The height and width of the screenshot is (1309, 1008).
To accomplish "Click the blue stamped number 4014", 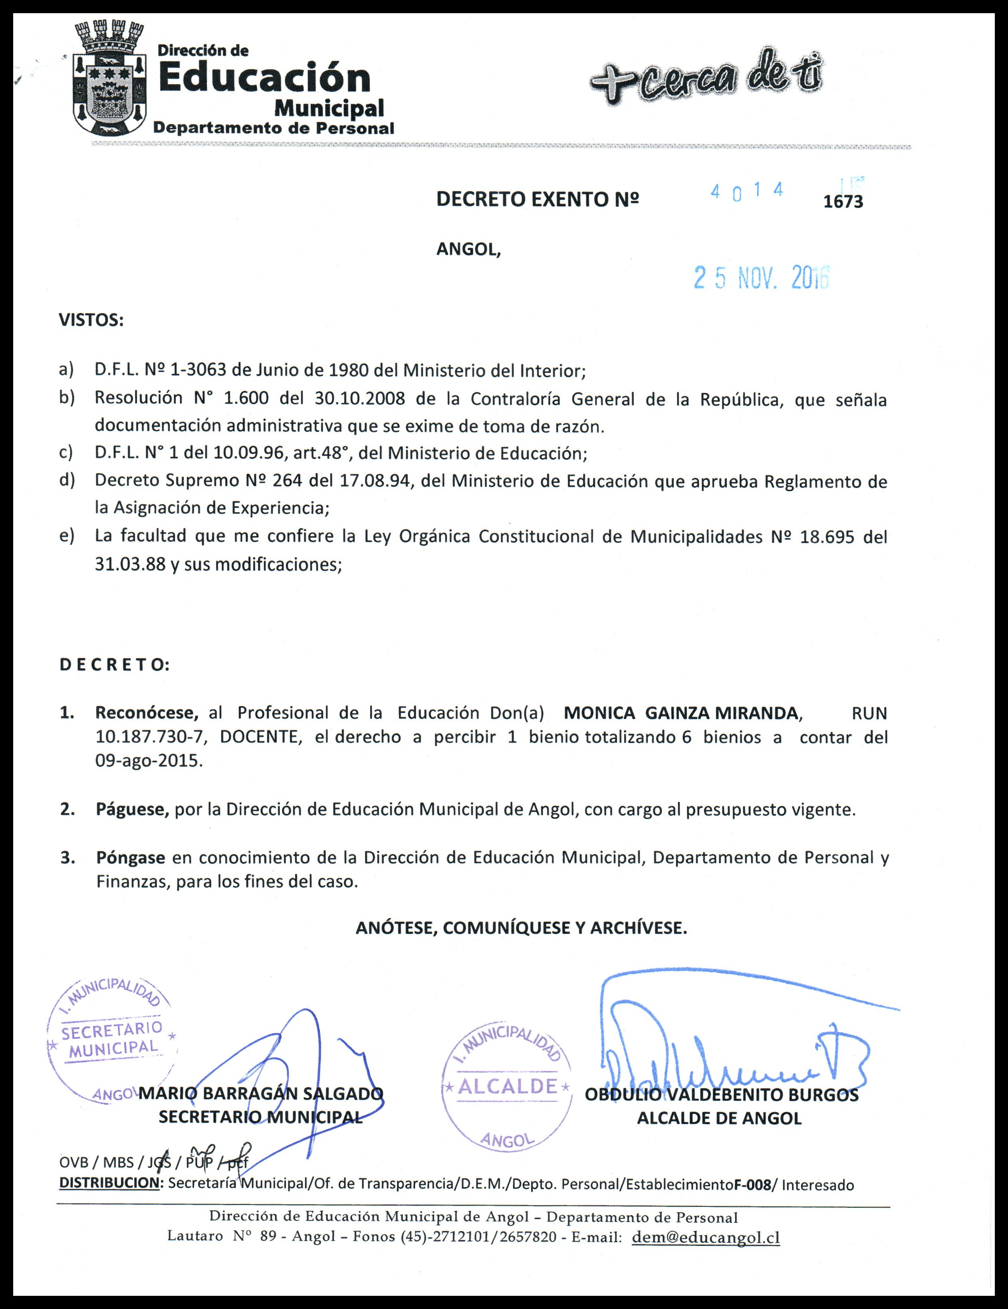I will pos(746,191).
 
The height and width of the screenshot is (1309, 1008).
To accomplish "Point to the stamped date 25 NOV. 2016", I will pos(761,277).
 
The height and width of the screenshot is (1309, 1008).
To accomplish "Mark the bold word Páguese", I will pos(132,810).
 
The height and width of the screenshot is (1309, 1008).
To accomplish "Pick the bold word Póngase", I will pos(130,857).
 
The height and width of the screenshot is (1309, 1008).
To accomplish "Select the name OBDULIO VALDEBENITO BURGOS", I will pos(721,1095).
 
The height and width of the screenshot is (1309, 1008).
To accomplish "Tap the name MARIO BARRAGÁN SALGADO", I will pos(261,1093).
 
